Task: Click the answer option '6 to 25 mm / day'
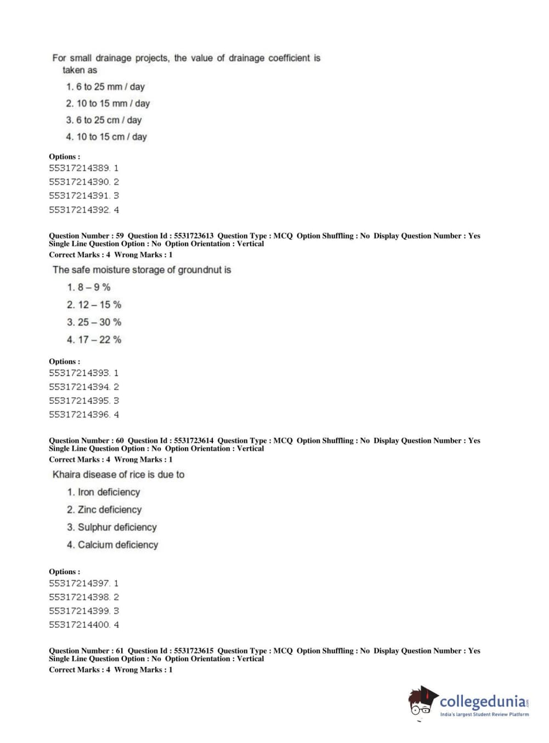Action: [x=105, y=87]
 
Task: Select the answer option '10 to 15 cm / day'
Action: [x=106, y=137]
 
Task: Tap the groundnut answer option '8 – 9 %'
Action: [x=89, y=287]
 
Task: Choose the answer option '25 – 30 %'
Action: [x=94, y=322]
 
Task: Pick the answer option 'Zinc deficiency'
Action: [x=104, y=510]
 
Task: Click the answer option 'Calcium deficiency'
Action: [x=112, y=545]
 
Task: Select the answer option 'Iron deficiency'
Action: [x=104, y=492]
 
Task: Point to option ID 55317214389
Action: [x=80, y=168]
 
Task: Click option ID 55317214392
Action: [x=80, y=210]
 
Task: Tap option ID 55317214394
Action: [x=80, y=387]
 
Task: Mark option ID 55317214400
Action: [x=80, y=625]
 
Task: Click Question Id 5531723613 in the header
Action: [x=194, y=236]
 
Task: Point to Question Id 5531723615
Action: [x=194, y=650]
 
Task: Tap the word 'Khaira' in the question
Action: [x=66, y=475]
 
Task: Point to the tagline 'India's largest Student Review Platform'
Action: [x=484, y=715]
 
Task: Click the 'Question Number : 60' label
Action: [x=86, y=441]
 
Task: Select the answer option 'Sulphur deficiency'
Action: [x=112, y=527]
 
